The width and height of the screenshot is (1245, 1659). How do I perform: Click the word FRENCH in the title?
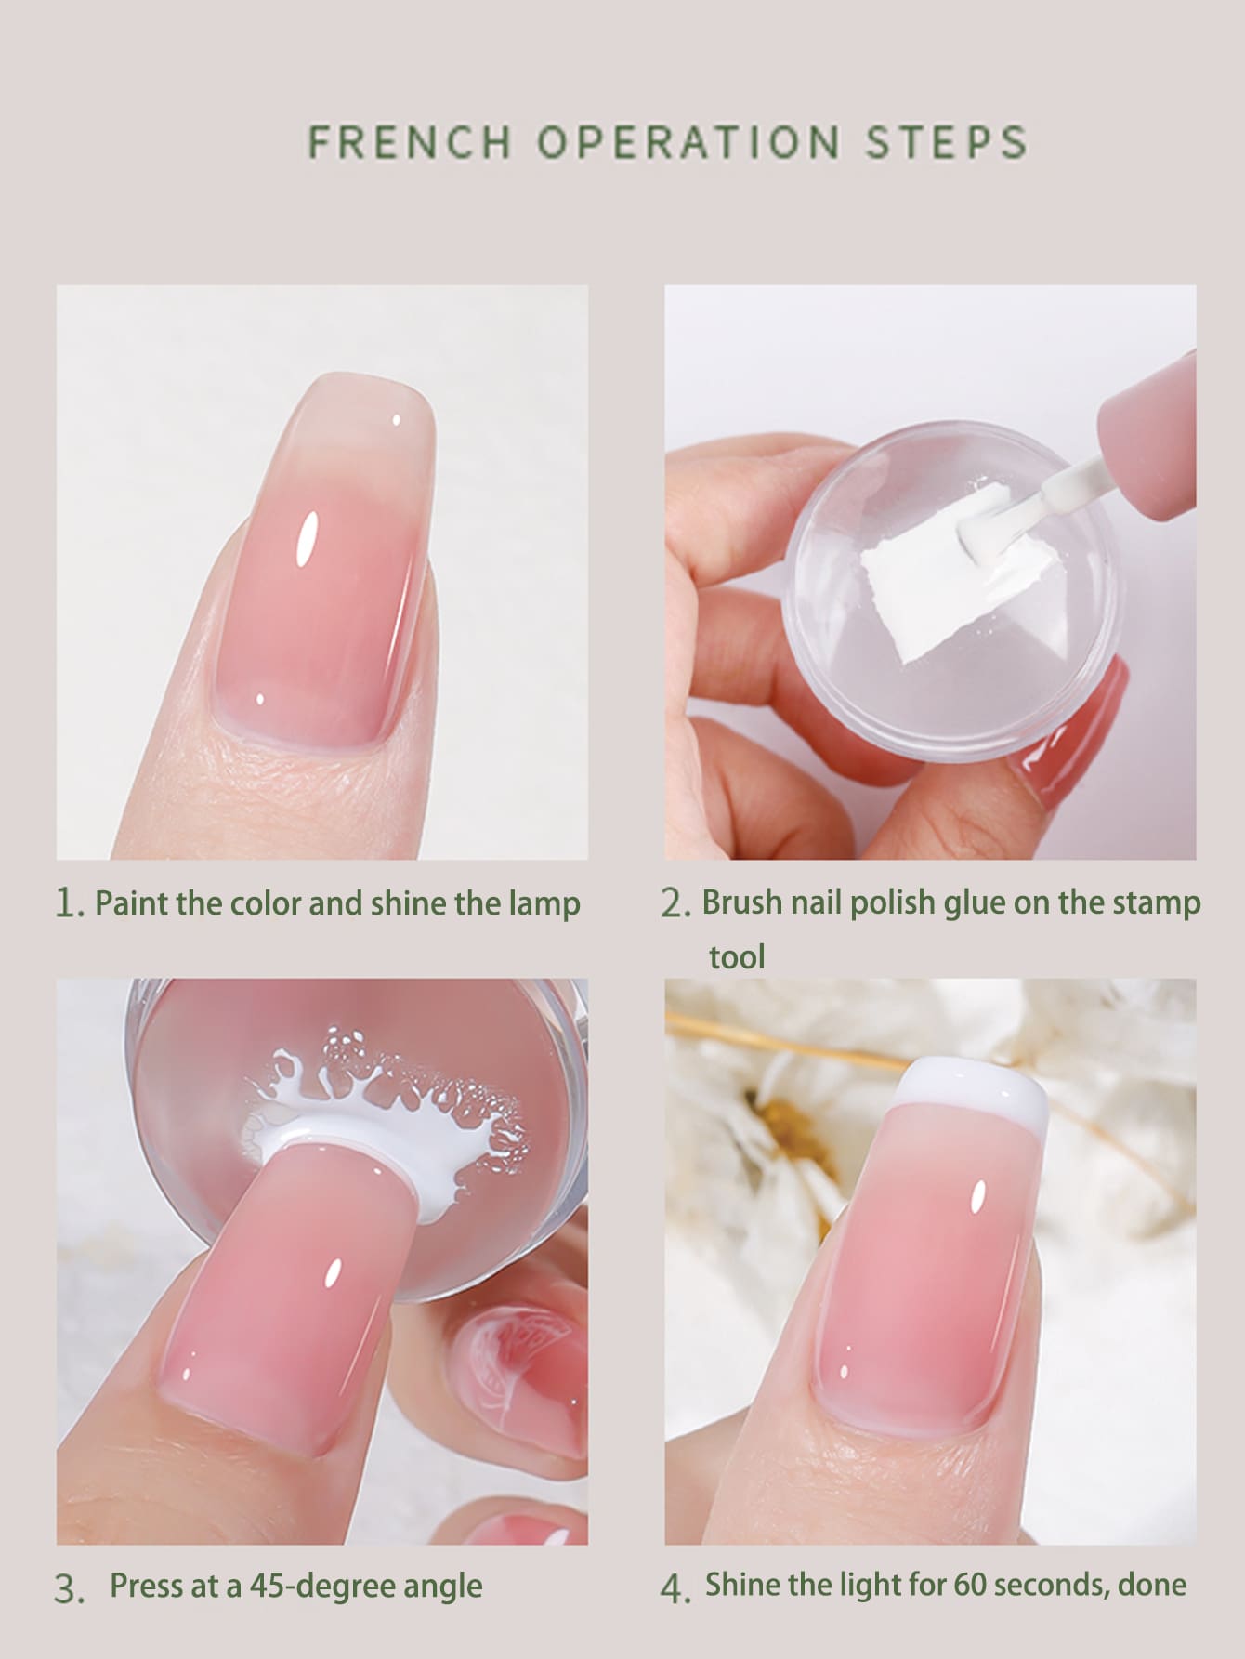(x=409, y=141)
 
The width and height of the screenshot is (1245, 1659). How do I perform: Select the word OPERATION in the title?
(x=688, y=141)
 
